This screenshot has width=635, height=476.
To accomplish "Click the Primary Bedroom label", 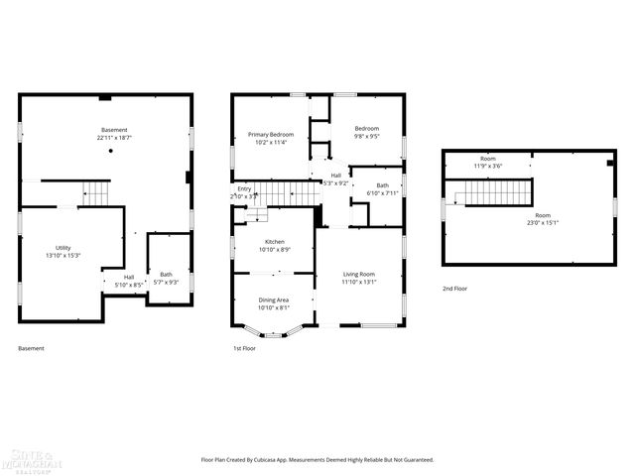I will click(x=271, y=134).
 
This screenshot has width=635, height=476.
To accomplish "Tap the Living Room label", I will click(x=359, y=274).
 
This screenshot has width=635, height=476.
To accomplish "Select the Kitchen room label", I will click(x=275, y=242).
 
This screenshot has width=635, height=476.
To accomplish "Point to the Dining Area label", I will click(x=274, y=299).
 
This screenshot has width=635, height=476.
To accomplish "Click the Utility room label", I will click(x=63, y=248).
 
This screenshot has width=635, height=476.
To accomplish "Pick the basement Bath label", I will click(x=166, y=275).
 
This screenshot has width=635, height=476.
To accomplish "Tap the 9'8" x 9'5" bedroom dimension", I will click(x=367, y=136).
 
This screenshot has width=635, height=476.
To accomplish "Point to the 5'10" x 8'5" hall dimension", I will click(x=129, y=285).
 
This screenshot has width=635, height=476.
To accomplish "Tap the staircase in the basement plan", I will click(x=95, y=192).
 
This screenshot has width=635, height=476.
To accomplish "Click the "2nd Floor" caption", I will click(x=455, y=289).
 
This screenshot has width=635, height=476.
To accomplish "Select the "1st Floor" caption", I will click(x=245, y=348).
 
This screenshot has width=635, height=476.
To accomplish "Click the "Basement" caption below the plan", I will click(x=31, y=348).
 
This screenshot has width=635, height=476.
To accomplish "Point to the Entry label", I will click(x=244, y=188).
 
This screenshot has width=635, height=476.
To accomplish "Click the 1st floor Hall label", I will click(x=336, y=175).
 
